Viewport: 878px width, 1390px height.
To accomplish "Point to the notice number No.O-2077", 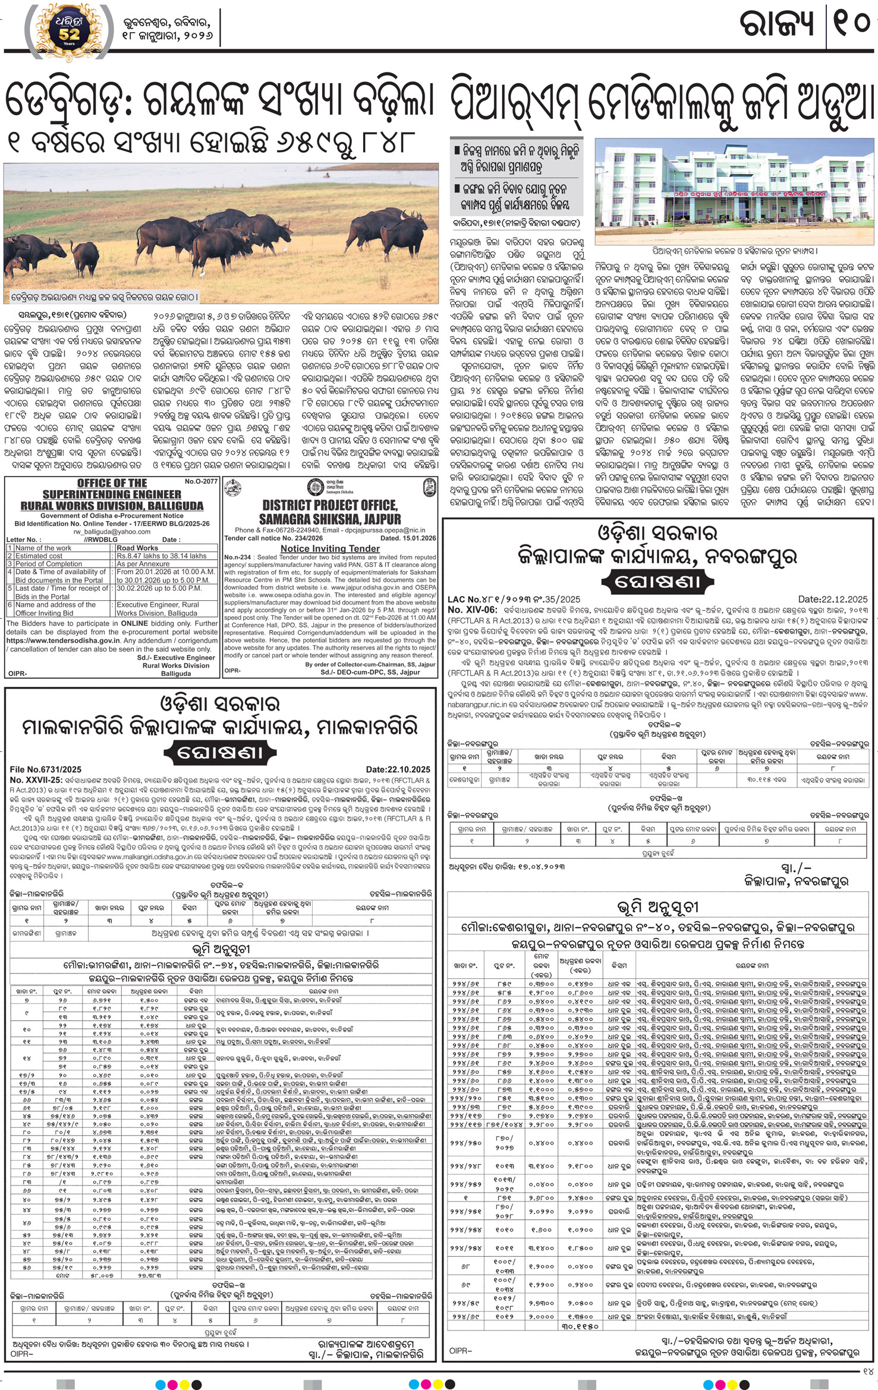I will pos(201,481).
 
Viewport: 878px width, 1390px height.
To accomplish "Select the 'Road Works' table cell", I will pos(138,548).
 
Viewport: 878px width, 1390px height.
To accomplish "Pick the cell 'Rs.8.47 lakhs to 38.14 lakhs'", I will pos(162,556).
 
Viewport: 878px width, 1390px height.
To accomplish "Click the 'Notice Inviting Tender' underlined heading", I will pos(330,549).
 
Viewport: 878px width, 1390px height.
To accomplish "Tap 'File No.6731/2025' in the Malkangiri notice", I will pos(45,770).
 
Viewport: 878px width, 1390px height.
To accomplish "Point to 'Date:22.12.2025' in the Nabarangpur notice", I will pos(833,600).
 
